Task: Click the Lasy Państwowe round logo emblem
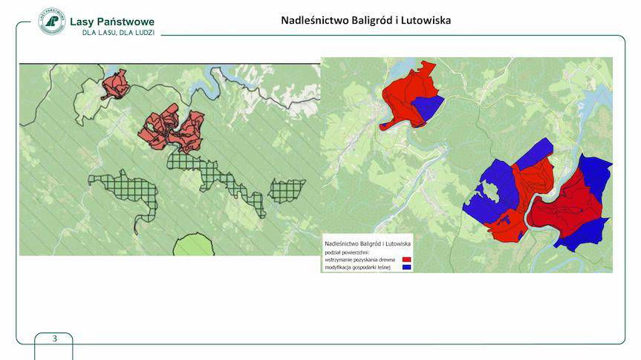(x=51, y=21)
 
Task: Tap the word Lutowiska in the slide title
(x=426, y=21)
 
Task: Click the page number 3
(x=54, y=338)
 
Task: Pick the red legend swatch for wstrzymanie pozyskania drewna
(x=406, y=260)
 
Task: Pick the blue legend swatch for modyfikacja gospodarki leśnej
(x=406, y=267)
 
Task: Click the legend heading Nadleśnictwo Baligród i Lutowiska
(x=368, y=243)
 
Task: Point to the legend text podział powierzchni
(x=348, y=252)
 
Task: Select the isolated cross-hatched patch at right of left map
(x=287, y=191)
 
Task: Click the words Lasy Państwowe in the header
(x=111, y=22)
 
